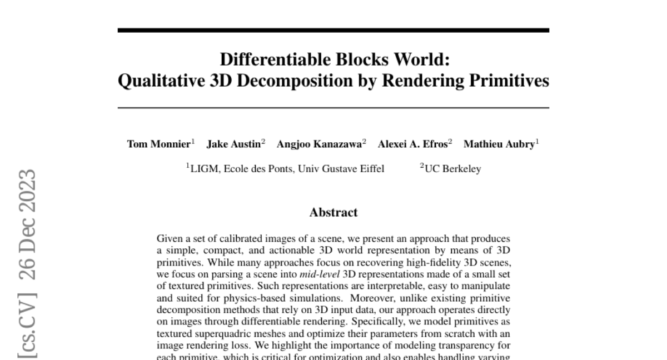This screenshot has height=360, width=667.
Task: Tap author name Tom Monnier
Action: click(x=159, y=144)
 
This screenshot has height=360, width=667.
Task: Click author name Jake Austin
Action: click(x=233, y=144)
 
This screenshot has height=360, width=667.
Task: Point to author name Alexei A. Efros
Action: click(x=412, y=144)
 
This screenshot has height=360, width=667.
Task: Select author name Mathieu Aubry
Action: click(x=498, y=144)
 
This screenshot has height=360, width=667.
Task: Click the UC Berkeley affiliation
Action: click(x=452, y=169)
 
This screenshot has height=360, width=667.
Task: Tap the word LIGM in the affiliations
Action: click(x=202, y=169)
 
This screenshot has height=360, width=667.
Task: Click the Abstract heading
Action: click(x=333, y=212)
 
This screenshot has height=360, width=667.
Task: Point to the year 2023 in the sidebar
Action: click(x=27, y=192)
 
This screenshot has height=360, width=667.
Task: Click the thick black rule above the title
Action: click(x=333, y=31)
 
